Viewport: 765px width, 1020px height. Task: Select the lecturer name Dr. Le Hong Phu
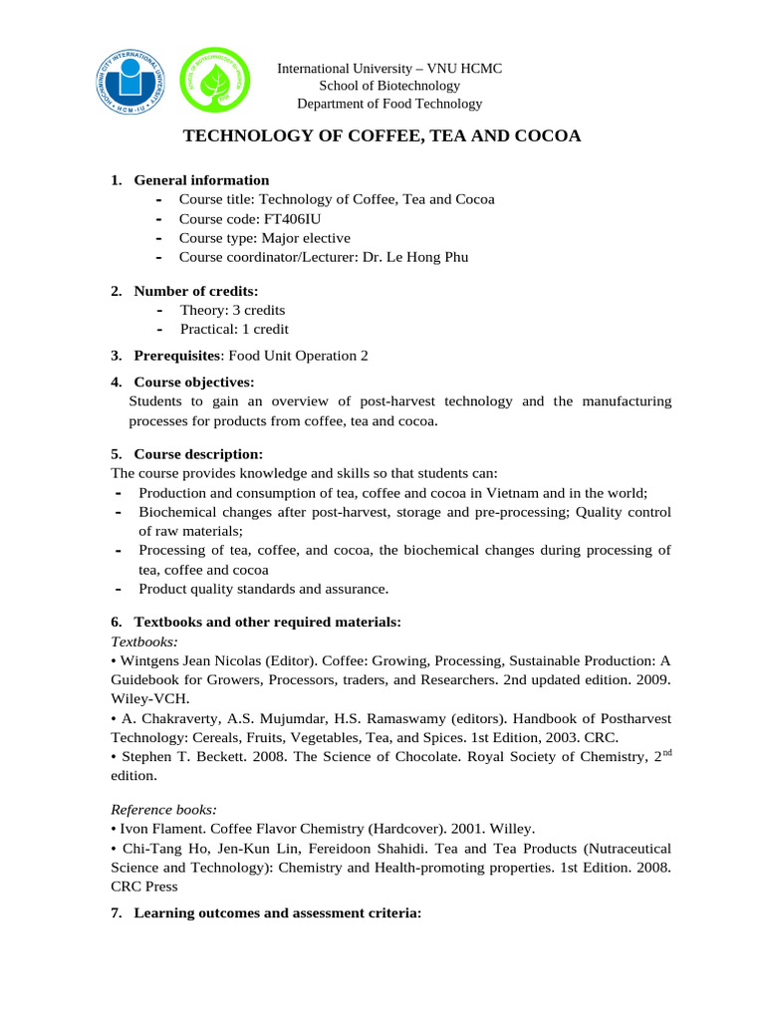point(405,257)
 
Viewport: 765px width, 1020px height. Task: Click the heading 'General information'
point(201,180)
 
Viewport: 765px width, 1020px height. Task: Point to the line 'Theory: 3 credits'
point(232,310)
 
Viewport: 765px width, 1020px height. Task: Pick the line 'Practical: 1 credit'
point(234,330)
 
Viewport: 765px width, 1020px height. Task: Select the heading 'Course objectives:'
point(194,382)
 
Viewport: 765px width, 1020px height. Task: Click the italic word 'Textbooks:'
point(143,641)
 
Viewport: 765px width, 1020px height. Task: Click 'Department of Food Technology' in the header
point(389,104)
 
